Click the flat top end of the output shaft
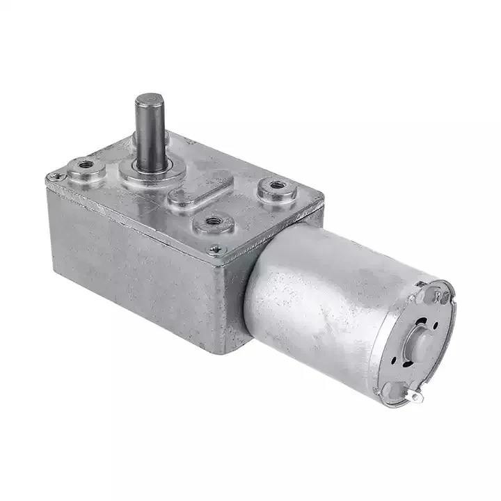(x=149, y=102)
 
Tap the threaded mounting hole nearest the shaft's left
(x=86, y=166)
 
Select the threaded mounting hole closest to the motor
(x=276, y=186)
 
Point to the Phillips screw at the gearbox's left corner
(x=53, y=177)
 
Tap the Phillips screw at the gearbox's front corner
(x=215, y=248)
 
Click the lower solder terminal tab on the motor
(x=415, y=397)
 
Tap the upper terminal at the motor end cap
(x=438, y=296)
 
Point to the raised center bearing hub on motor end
(x=421, y=342)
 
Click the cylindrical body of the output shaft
(x=148, y=136)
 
